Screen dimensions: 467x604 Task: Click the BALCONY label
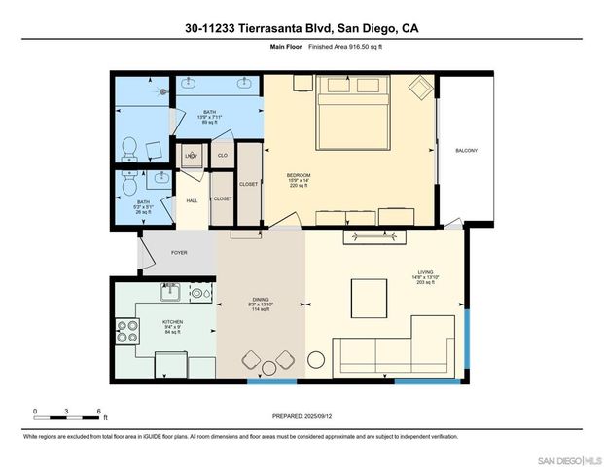(x=466, y=150)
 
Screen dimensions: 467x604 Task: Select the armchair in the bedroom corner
(x=419, y=90)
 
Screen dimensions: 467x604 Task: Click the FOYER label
(x=179, y=253)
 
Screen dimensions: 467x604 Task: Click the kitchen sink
(x=169, y=292)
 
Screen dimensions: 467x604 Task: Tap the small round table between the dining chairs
(x=269, y=366)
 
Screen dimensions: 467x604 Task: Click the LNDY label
(x=192, y=156)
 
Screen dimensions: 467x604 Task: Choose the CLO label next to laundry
(x=222, y=156)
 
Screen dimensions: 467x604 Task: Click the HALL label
(x=192, y=200)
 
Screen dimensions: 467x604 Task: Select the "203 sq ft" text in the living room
(x=425, y=284)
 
